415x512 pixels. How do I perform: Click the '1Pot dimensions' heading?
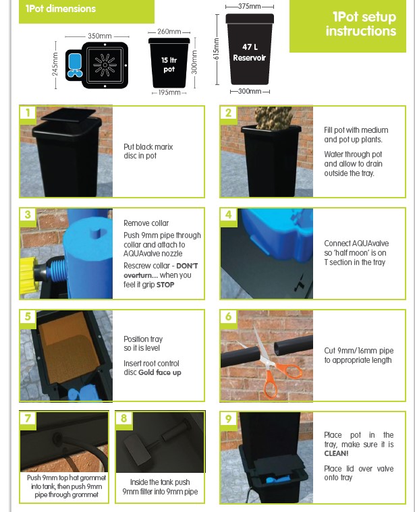tap(61, 9)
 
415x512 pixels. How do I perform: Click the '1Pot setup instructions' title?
tap(361, 24)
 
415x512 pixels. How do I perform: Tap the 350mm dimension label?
tap(100, 36)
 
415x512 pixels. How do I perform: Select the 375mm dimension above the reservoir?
tap(250, 6)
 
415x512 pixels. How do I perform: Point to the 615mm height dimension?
tap(216, 49)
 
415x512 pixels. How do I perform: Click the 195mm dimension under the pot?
tap(169, 92)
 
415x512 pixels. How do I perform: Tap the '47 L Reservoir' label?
tap(250, 52)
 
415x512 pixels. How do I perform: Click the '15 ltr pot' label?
tap(169, 65)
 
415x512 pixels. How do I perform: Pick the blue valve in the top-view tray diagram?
tap(74, 65)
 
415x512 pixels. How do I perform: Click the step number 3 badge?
tap(28, 215)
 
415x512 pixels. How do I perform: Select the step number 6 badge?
tap(228, 317)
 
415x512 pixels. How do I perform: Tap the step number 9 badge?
tap(228, 419)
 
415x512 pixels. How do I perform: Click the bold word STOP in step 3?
tap(165, 285)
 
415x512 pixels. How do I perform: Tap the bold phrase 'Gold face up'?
tap(160, 372)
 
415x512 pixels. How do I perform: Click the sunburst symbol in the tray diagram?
tap(105, 65)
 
